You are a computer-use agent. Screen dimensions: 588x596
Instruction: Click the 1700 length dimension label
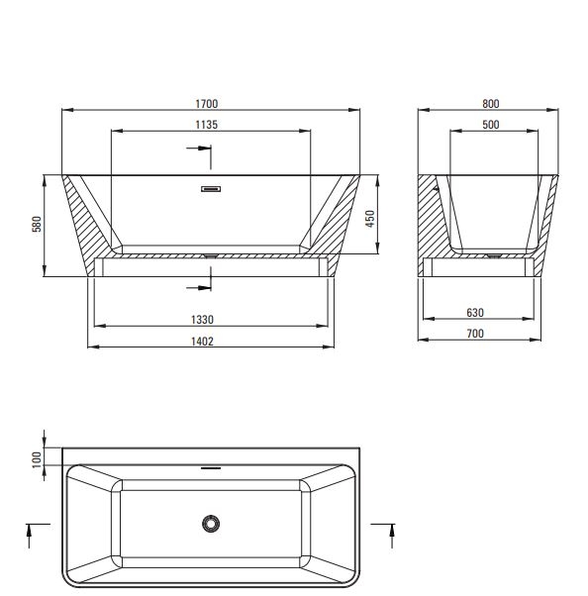pyautogui.click(x=206, y=104)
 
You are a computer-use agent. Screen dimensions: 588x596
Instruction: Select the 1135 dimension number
pyautogui.click(x=206, y=125)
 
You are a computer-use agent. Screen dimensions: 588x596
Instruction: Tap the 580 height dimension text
pyautogui.click(x=37, y=224)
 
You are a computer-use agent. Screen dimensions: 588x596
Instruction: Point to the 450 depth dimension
pyautogui.click(x=370, y=219)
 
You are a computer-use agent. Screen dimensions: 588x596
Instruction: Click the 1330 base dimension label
pyautogui.click(x=202, y=320)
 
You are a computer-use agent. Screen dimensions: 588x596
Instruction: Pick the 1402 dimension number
pyautogui.click(x=202, y=342)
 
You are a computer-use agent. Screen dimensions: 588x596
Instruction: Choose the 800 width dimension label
pyautogui.click(x=491, y=104)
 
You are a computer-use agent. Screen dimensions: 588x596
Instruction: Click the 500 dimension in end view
pyautogui.click(x=491, y=125)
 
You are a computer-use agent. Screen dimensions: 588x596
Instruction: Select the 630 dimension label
pyautogui.click(x=475, y=313)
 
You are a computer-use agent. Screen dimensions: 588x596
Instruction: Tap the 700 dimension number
pyautogui.click(x=475, y=334)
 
